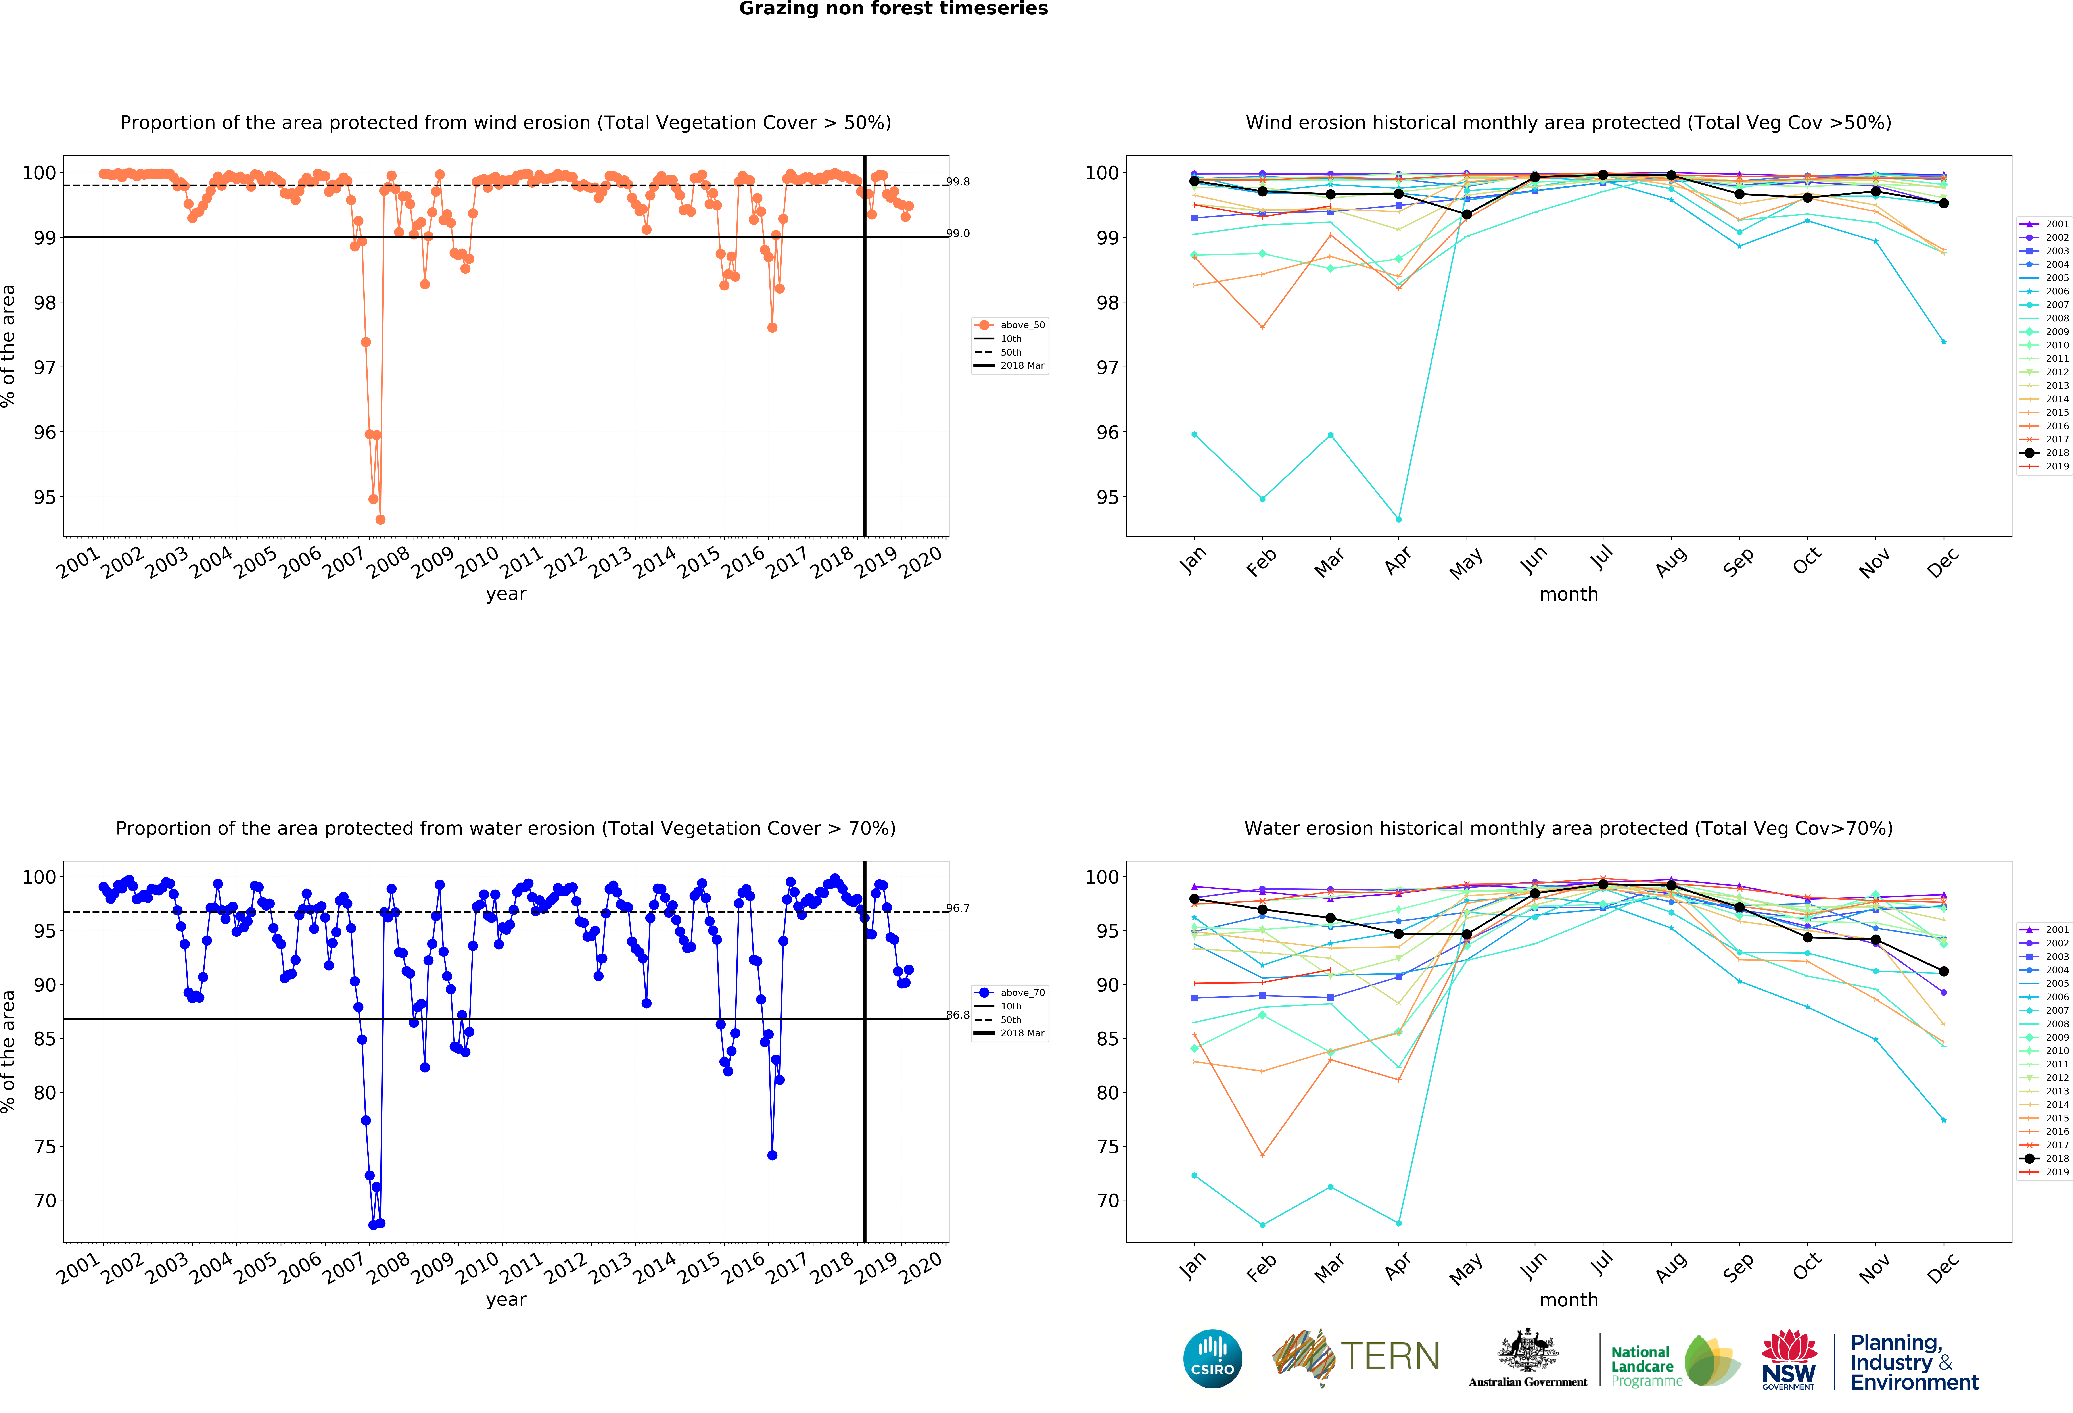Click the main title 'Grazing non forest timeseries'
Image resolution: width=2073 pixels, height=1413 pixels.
[893, 9]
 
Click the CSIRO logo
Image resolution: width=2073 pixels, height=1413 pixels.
[1212, 1359]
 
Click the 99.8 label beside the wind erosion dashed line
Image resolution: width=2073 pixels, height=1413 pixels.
[958, 182]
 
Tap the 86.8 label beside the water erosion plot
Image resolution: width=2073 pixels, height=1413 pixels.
[958, 1015]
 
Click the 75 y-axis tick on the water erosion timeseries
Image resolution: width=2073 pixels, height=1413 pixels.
[45, 1147]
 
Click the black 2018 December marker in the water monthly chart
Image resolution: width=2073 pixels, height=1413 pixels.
[1944, 971]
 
